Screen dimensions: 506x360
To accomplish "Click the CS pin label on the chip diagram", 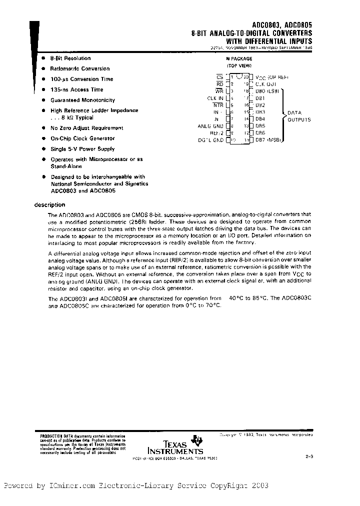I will click(x=219, y=77).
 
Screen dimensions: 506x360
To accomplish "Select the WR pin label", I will click(x=219, y=91).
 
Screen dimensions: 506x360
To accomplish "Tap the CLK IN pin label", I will click(x=215, y=98).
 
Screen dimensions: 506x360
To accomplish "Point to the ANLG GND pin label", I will click(x=210, y=126).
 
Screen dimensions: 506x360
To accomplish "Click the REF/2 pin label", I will click(x=216, y=133).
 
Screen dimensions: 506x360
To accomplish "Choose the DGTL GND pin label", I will click(x=211, y=140).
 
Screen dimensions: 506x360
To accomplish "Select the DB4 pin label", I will click(x=260, y=119).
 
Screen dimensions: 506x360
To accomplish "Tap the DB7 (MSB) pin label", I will click(x=267, y=140).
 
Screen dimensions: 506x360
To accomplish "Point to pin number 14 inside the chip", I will click(x=246, y=119).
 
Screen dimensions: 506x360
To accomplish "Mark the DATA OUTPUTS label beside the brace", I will click(x=299, y=116).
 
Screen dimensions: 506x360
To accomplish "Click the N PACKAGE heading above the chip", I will click(x=239, y=58).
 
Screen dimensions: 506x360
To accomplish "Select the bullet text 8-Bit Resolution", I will click(x=70, y=58).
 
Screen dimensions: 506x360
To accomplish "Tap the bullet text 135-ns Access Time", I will click(x=76, y=89).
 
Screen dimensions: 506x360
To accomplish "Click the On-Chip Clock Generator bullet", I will click(x=82, y=138).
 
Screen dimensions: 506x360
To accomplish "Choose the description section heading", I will click(x=49, y=204).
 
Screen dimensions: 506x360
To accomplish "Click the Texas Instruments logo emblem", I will click(x=199, y=439).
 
